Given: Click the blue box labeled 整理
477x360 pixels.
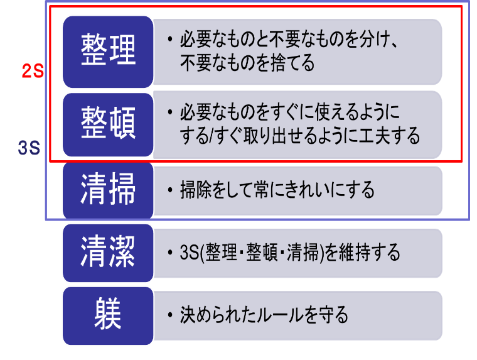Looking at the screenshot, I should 108,50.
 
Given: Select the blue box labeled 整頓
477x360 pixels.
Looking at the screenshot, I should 108,124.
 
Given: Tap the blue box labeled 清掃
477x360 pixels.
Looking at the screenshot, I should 108,189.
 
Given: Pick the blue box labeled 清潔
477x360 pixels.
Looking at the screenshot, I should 108,253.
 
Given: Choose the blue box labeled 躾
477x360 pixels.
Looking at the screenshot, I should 108,315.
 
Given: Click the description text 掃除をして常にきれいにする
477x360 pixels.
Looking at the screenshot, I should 277,189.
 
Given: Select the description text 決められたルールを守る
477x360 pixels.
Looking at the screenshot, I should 264,314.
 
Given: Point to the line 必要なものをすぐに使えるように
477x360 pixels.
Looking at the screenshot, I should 289,114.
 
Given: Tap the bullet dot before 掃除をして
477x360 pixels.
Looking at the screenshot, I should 170,189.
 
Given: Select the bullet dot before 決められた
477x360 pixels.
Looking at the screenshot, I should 170,314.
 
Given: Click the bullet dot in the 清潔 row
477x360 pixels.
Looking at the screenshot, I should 170,253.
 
